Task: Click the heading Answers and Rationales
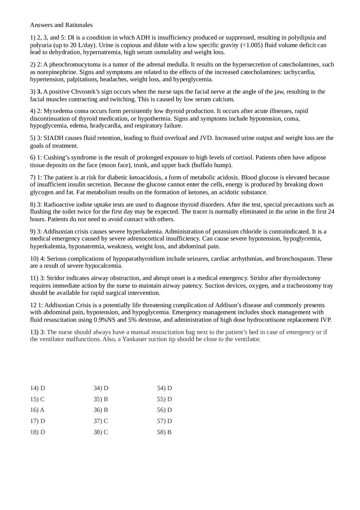pos(61,25)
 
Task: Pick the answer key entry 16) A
pos(37,410)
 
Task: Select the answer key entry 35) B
pos(101,399)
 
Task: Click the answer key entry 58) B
pos(164,432)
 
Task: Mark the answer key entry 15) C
pos(37,399)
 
